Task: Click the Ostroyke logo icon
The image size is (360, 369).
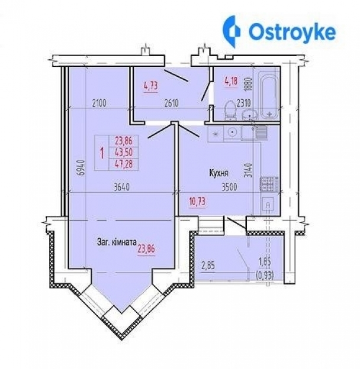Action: click(232, 31)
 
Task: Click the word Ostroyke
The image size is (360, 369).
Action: click(292, 33)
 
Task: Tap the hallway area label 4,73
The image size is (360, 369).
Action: click(151, 86)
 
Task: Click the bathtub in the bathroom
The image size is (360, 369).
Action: click(269, 95)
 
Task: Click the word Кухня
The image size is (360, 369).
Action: click(218, 173)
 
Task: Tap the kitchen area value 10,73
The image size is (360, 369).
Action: click(197, 202)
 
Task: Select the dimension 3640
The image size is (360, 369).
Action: click(121, 187)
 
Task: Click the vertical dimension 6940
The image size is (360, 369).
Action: click(81, 167)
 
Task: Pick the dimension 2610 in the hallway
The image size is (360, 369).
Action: click(171, 103)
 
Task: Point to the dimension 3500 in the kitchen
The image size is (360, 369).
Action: click(229, 187)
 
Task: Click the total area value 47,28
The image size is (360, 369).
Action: click(124, 164)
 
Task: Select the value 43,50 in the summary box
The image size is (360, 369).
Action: click(124, 153)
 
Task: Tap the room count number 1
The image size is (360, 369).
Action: click(102, 153)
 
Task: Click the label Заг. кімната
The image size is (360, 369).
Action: click(117, 242)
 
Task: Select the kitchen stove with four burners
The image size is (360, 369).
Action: click(269, 184)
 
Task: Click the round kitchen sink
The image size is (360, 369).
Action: click(233, 132)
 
